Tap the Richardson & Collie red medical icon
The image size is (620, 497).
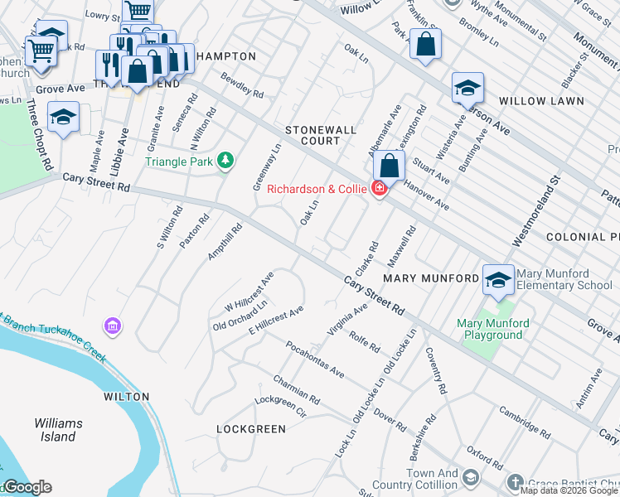coord(379,189)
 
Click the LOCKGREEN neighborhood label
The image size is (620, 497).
coord(251,429)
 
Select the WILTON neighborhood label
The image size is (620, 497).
coord(127,397)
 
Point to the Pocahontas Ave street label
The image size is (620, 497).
coord(314,359)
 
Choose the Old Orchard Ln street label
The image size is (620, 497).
coord(240,315)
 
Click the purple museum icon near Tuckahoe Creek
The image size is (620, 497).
coord(113,327)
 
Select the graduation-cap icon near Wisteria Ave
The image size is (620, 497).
coord(467,88)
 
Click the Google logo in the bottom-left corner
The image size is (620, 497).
coord(27,487)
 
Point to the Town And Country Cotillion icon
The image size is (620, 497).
coord(471,478)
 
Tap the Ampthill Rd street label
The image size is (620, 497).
coord(225,242)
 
